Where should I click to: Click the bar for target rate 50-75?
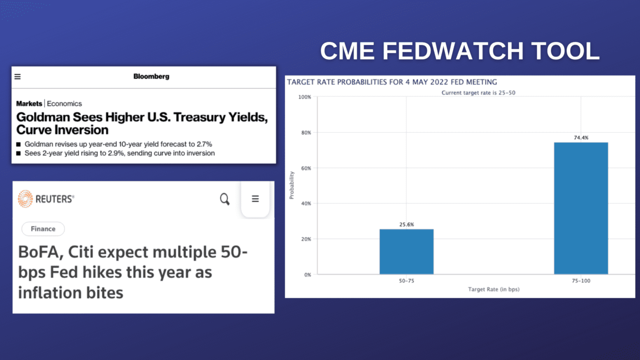pyautogui.click(x=406, y=251)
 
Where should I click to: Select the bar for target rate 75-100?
pyautogui.click(x=581, y=208)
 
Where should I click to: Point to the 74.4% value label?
pyautogui.click(x=581, y=137)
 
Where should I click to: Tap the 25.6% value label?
pyautogui.click(x=406, y=224)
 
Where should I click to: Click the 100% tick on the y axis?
pyautogui.click(x=304, y=97)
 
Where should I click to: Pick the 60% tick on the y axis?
pyautogui.click(x=305, y=168)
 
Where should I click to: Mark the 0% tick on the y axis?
pyautogui.click(x=307, y=274)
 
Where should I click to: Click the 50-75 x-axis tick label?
pyautogui.click(x=406, y=281)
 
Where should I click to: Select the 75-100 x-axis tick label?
pyautogui.click(x=581, y=281)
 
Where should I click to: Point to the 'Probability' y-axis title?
pyautogui.click(x=292, y=185)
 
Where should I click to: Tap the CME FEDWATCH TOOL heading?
pyautogui.click(x=459, y=51)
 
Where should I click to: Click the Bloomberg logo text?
pyautogui.click(x=151, y=76)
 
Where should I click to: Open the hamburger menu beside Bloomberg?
pyautogui.click(x=18, y=76)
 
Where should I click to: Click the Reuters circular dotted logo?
pyautogui.click(x=25, y=199)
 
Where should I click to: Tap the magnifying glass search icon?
pyautogui.click(x=225, y=199)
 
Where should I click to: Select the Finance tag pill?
pyautogui.click(x=43, y=229)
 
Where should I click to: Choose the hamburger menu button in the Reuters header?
pyautogui.click(x=255, y=199)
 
